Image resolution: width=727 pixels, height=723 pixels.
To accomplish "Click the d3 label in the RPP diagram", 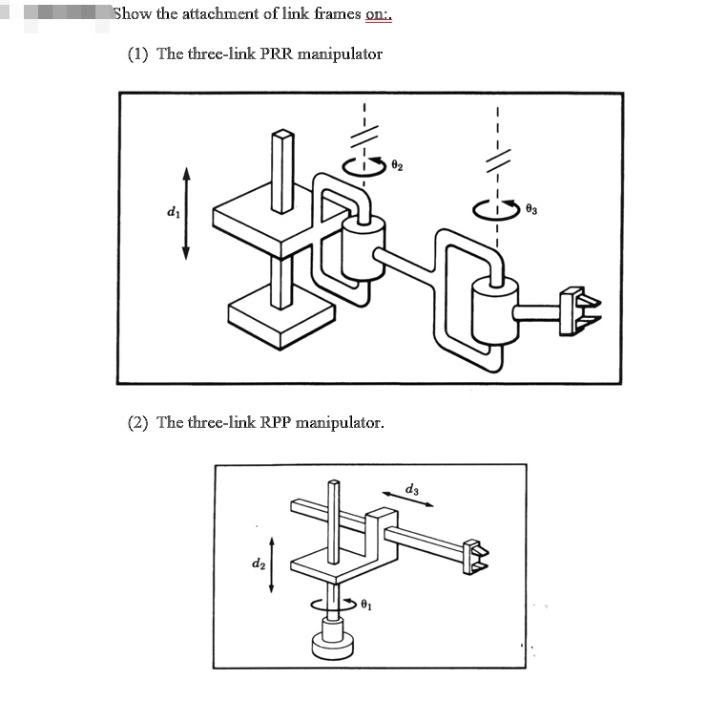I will tap(411, 489).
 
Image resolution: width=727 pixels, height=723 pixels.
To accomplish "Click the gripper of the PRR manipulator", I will tap(580, 307).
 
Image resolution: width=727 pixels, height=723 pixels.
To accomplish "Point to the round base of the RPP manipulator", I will tap(333, 643).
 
